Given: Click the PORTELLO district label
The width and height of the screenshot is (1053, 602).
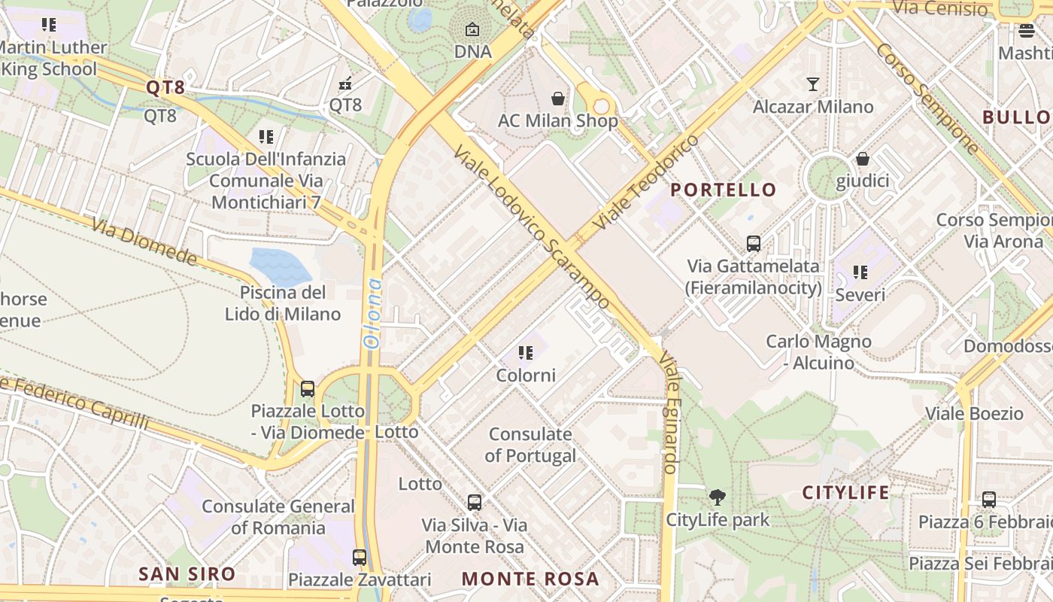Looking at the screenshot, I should pyautogui.click(x=723, y=190).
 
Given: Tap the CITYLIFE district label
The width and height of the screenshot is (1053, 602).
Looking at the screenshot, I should pyautogui.click(x=845, y=493).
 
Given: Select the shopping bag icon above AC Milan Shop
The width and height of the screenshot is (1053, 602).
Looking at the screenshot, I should pyautogui.click(x=558, y=99).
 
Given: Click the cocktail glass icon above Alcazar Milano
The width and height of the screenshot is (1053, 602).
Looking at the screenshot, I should pyautogui.click(x=813, y=84).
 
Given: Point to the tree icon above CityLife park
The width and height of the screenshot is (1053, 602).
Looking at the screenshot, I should pyautogui.click(x=718, y=497).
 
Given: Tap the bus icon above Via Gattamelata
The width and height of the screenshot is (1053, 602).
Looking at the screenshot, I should pyautogui.click(x=753, y=244).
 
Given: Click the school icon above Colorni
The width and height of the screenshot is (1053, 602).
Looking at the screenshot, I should pyautogui.click(x=526, y=353).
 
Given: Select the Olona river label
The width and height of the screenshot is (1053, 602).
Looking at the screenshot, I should pyautogui.click(x=372, y=313).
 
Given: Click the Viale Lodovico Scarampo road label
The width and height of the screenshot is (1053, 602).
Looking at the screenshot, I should pyautogui.click(x=530, y=227).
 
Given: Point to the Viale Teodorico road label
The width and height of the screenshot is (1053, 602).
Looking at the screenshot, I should pyautogui.click(x=645, y=183).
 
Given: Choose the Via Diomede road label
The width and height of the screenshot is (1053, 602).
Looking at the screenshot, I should pyautogui.click(x=144, y=242).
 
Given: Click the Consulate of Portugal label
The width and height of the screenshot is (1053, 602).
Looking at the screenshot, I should pyautogui.click(x=531, y=445).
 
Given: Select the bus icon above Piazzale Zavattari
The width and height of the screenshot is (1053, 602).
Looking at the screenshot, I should pyautogui.click(x=360, y=558).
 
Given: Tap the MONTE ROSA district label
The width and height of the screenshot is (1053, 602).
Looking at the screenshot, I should pyautogui.click(x=530, y=579).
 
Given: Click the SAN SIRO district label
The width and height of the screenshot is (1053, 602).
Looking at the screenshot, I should pyautogui.click(x=187, y=574).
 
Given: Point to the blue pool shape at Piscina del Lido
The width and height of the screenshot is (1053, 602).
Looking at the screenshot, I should pyautogui.click(x=279, y=264).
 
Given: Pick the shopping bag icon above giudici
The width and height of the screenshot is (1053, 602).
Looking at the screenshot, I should pyautogui.click(x=863, y=159).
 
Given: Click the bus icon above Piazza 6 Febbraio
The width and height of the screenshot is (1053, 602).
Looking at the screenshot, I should pyautogui.click(x=989, y=500).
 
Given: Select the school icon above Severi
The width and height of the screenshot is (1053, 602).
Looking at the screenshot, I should pyautogui.click(x=860, y=272).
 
